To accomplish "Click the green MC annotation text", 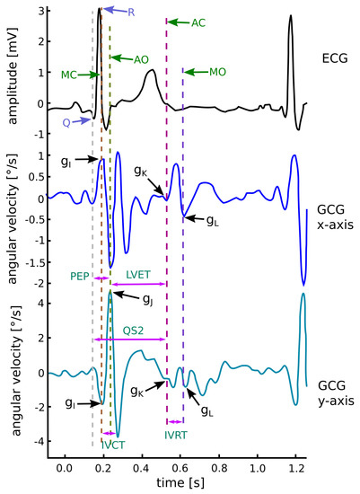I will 69,76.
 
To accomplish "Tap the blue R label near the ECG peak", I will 131,13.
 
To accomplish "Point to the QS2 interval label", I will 133,328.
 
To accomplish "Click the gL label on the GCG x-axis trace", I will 211,220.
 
